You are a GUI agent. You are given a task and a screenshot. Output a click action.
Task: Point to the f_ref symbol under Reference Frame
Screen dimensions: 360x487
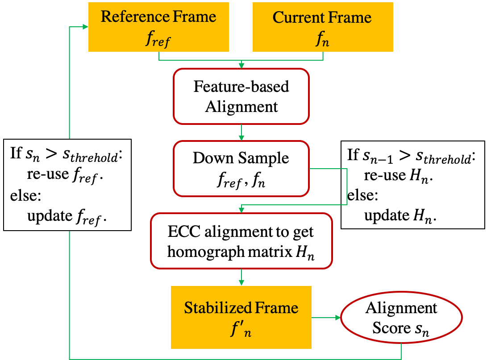pyautogui.click(x=158, y=39)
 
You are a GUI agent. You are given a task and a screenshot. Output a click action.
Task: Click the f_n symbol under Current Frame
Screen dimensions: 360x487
pyautogui.click(x=322, y=40)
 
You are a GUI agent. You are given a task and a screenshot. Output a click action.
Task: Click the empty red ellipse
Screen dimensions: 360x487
pyautogui.click(x=401, y=318)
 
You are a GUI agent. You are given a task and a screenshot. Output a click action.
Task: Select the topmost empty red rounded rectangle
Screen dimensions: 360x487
pyautogui.click(x=241, y=96)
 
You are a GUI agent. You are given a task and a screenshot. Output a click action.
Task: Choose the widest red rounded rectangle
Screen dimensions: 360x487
pyautogui.click(x=241, y=241)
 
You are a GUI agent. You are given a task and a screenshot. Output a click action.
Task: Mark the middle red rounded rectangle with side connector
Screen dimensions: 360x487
pyautogui.click(x=241, y=169)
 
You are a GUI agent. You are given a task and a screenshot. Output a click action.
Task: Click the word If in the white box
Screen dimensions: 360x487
pyautogui.click(x=16, y=154)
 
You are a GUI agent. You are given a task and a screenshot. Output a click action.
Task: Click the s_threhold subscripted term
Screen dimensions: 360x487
pyautogui.click(x=95, y=156)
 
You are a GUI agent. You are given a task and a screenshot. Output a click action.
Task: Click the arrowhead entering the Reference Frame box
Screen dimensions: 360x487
pyautogui.click(x=85, y=27)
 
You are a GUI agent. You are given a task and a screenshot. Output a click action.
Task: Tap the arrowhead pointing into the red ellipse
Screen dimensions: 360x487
pyautogui.click(x=337, y=318)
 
